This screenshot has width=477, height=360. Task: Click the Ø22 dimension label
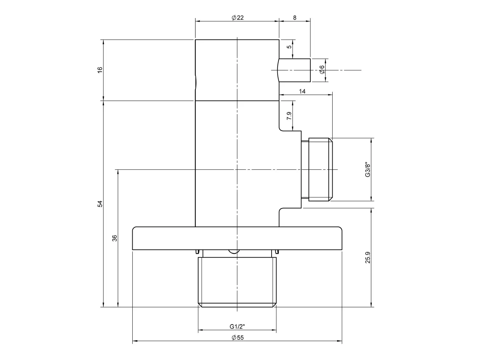(238, 18)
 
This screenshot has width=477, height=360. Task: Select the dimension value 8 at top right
(295, 18)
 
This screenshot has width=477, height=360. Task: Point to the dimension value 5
(289, 47)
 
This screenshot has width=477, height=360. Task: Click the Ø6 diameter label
(322, 70)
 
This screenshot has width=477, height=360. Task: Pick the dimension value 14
(302, 91)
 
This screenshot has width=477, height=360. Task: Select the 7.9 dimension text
(289, 116)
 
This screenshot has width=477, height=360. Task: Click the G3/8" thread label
(367, 170)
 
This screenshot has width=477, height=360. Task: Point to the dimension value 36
(115, 238)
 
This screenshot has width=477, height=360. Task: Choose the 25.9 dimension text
(368, 257)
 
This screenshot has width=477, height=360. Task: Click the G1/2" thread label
(237, 326)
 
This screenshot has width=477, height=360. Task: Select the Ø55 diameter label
(238, 338)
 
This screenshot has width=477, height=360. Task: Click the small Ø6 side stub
(294, 70)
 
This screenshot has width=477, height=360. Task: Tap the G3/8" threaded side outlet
(320, 170)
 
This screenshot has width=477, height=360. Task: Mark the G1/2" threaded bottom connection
(237, 280)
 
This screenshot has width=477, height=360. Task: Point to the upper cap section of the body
(237, 70)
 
